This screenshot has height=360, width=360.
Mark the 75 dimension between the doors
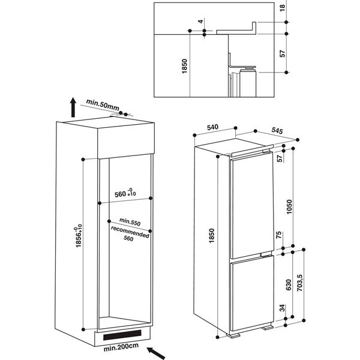(278, 236)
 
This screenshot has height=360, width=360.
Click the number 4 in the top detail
(197, 22)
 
